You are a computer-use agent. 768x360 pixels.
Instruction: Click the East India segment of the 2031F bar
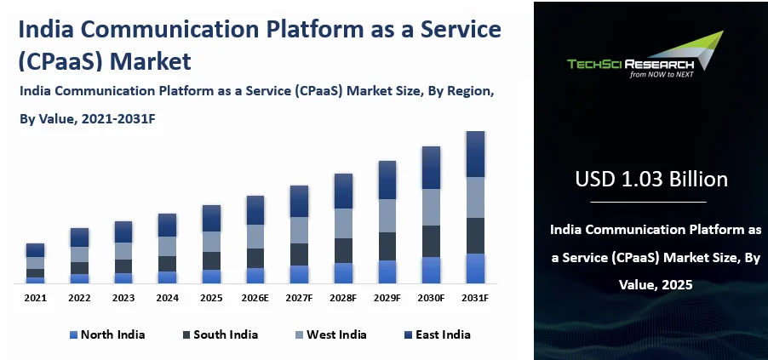475,154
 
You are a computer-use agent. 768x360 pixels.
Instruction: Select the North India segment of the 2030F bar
432,270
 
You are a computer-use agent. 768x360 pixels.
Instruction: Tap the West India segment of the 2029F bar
387,215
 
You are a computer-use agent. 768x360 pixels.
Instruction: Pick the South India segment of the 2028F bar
343,250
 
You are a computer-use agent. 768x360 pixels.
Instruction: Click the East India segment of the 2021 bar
35,250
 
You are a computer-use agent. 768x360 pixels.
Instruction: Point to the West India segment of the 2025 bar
211,242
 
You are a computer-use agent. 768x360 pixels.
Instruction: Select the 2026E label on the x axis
255,299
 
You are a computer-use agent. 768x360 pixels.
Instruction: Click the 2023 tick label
123,299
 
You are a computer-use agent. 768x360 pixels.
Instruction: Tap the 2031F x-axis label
475,299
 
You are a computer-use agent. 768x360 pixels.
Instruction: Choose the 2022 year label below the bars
79,299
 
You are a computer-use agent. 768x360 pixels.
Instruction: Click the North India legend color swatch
72,334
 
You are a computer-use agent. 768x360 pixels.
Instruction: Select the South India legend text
226,334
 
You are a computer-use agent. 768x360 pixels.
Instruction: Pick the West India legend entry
337,334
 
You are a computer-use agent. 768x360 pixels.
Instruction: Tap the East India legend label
443,334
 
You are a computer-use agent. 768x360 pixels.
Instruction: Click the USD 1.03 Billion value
651,180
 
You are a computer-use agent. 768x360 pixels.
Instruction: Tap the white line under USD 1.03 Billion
649,202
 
